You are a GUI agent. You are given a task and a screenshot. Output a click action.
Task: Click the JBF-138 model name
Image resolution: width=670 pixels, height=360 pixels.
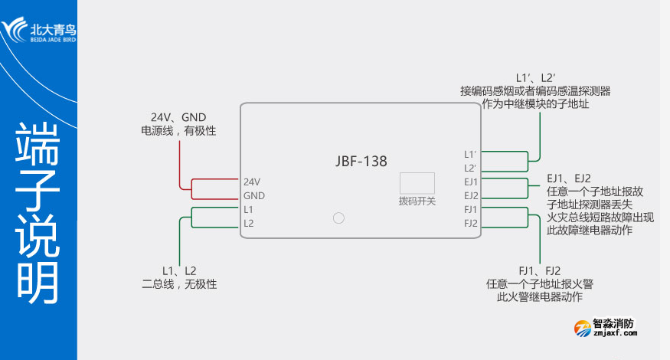point(361,162)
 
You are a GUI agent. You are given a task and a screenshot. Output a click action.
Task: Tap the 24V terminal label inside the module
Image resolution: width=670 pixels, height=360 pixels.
point(252,182)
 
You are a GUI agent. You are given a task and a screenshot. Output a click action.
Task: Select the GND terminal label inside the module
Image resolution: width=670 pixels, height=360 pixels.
point(253,196)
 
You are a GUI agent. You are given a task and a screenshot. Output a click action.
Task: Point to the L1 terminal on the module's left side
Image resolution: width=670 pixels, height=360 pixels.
point(248,209)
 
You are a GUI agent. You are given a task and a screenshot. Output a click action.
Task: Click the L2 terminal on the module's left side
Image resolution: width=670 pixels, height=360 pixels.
point(248,223)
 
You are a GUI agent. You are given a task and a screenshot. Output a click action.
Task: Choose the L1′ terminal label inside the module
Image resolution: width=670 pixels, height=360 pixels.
point(470,154)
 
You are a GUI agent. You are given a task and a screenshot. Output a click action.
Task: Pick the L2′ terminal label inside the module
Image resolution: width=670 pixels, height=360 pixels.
point(470,168)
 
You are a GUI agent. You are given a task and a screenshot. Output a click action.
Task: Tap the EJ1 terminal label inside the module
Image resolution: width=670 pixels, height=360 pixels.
point(471,182)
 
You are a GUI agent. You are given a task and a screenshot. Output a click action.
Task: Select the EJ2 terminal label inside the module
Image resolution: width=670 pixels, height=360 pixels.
point(471,195)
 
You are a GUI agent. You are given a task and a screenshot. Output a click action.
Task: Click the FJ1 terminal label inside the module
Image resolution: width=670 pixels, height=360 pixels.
point(471,209)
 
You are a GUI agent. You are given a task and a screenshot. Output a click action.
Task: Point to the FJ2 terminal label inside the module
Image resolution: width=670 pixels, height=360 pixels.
point(471,223)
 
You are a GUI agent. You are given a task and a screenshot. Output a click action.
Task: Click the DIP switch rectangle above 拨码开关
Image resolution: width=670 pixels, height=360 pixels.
point(417,182)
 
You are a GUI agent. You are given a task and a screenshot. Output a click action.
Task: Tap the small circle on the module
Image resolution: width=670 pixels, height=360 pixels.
point(339,218)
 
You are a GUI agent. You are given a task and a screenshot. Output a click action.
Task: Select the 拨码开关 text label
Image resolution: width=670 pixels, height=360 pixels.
point(417,201)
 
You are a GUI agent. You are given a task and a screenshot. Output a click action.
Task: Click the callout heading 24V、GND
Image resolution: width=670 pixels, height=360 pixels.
point(178,117)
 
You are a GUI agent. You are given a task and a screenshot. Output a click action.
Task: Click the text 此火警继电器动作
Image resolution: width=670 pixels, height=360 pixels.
point(540,296)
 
